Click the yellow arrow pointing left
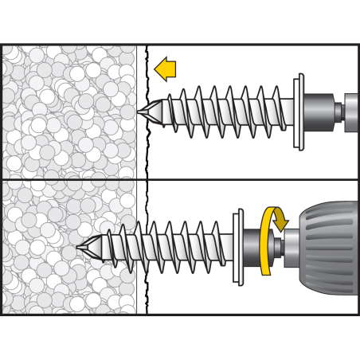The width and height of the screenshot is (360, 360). (x=166, y=69)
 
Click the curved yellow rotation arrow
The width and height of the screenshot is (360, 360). (x=268, y=239)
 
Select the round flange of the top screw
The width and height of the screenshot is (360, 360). (x=299, y=112)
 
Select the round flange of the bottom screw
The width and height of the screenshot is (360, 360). (x=238, y=247)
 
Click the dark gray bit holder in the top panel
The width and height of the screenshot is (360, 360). (x=318, y=111)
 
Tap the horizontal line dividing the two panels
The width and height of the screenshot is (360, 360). (x=179, y=179)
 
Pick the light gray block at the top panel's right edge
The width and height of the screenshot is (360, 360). (x=351, y=112)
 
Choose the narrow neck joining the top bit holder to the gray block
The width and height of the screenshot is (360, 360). (x=338, y=112)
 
